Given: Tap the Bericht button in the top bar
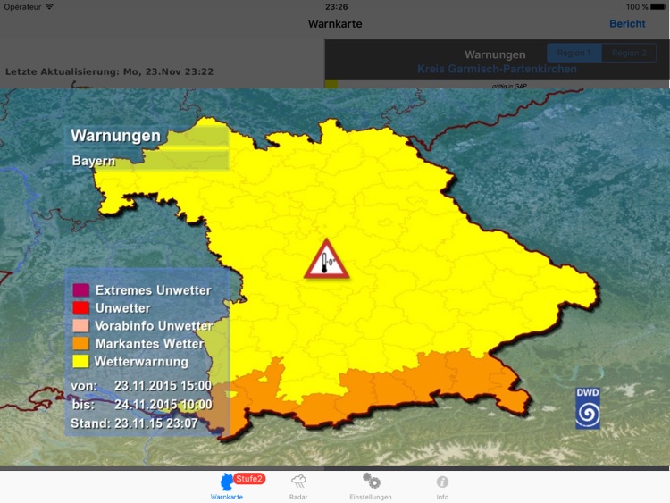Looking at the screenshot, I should [x=627, y=24].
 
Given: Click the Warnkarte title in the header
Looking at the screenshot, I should [x=335, y=24].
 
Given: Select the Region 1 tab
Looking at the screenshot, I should [x=574, y=53].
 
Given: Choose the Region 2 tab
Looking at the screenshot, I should [x=629, y=53].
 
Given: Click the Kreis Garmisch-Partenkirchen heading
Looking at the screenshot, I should [x=497, y=69].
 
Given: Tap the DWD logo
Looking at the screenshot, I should [x=588, y=408].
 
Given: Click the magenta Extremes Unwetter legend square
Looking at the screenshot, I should [x=81, y=290].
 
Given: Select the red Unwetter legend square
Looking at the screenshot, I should [x=81, y=308].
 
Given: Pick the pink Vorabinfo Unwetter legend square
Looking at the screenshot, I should [x=81, y=326].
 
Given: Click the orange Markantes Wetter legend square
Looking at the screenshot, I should [x=81, y=344].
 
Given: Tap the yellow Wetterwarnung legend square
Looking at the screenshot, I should [x=81, y=362].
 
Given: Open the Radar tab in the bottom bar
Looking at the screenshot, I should [x=299, y=485].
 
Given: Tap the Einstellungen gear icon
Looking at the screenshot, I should [x=371, y=481].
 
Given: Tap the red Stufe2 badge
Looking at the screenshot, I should [x=249, y=479].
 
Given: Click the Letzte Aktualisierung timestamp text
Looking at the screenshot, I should [x=109, y=71].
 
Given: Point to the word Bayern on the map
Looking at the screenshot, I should [x=94, y=162].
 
